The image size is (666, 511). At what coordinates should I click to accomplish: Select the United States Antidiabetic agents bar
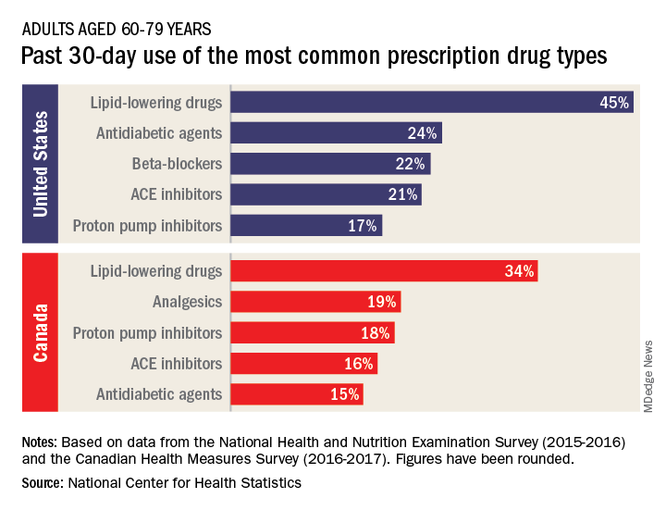coord(335,133)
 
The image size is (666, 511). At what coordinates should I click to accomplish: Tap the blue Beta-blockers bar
coord(329,164)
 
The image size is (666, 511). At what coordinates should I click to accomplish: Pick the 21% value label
coord(401,194)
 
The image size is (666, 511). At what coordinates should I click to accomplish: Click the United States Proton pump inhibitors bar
coord(305,225)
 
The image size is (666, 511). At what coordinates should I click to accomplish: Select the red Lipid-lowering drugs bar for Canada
coord(383,271)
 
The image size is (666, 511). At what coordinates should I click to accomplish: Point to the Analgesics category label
coord(187,302)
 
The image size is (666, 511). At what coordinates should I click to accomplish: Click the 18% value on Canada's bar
coord(375,332)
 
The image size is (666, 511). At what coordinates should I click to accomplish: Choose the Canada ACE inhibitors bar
coord(303,363)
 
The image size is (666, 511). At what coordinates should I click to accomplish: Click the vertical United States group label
coord(40,164)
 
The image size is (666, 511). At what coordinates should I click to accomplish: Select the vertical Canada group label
coord(40,332)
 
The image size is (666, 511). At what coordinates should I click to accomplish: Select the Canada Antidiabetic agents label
coord(159,393)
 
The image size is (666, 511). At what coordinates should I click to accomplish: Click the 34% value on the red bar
coord(518,271)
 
